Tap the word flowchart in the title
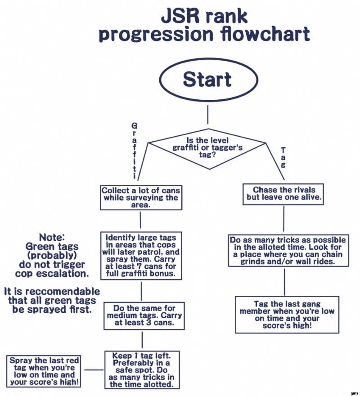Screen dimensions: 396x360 point(265,35)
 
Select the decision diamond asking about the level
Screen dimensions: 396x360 point(207,147)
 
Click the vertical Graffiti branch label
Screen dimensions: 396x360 point(135,150)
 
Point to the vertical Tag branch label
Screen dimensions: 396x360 point(283,157)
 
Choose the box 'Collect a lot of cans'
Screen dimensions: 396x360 point(141,197)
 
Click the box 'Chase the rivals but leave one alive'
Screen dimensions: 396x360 point(283,194)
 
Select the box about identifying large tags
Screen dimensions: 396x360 point(141,256)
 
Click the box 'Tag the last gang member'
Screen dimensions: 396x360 point(287,314)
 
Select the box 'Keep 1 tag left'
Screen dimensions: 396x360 point(142,370)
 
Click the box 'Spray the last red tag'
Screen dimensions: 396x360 point(45,371)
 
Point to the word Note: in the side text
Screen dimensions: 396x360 point(52,237)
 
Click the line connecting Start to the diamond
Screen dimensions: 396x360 point(207,115)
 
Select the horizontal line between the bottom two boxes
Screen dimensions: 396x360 point(94,370)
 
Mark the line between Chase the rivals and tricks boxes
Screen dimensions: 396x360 point(283,219)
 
